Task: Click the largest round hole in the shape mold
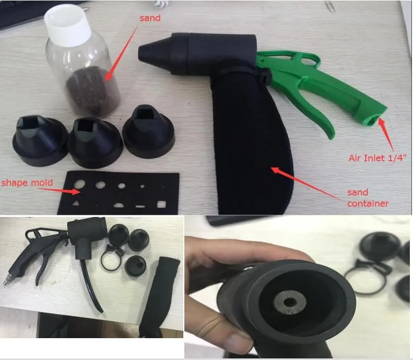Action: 79,184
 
